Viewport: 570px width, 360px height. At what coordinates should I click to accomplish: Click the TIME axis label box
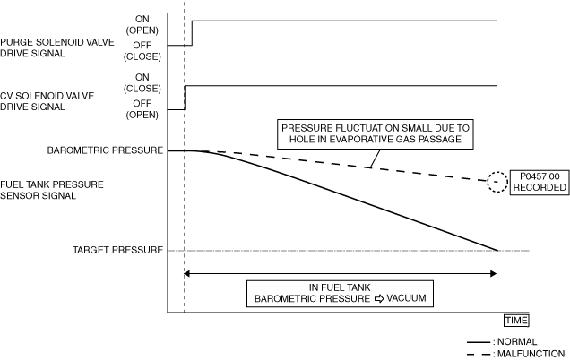[x=515, y=320]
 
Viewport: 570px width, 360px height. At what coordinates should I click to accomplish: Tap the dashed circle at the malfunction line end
[x=497, y=182]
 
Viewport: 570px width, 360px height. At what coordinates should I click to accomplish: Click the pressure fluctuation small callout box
[x=376, y=134]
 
